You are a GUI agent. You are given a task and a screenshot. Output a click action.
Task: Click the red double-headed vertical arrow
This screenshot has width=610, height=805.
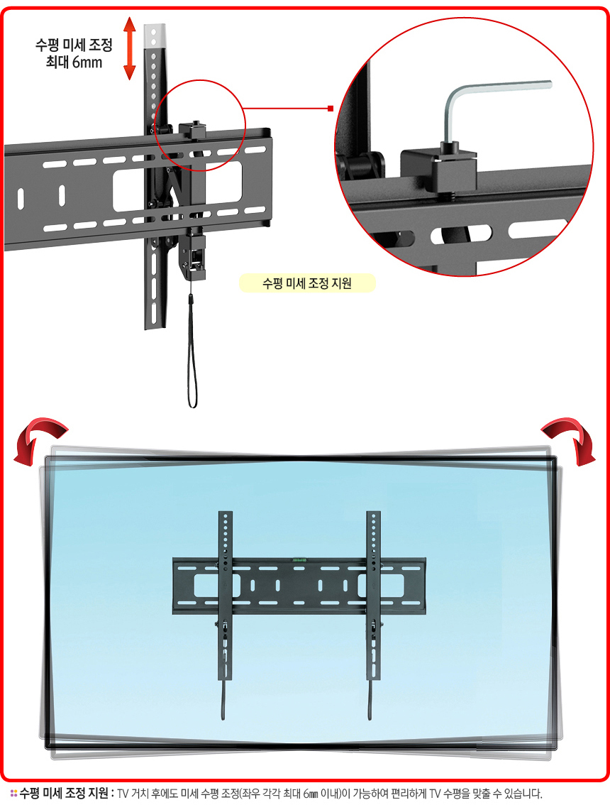click(130, 48)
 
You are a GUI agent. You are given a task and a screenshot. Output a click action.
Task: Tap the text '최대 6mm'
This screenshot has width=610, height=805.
click(74, 62)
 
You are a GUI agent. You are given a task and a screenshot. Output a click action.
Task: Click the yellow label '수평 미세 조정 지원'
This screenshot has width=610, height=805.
click(307, 283)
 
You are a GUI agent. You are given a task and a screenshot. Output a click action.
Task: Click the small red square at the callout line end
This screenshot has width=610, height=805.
click(331, 109)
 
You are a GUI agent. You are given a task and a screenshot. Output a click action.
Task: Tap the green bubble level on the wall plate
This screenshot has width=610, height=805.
click(300, 560)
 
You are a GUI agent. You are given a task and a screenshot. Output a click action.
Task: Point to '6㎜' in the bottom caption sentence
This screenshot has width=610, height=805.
click(311, 794)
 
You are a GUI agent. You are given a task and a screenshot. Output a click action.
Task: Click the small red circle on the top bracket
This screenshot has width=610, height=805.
click(200, 125)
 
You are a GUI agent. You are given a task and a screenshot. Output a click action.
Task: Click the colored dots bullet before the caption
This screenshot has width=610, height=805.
click(14, 794)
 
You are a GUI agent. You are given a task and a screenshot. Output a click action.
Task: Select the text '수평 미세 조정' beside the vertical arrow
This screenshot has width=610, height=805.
click(74, 45)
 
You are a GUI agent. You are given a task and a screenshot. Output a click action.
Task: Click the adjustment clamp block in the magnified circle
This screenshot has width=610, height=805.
click(438, 170)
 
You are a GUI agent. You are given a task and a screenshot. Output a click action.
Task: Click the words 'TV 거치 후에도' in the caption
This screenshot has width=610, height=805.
click(148, 794)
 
